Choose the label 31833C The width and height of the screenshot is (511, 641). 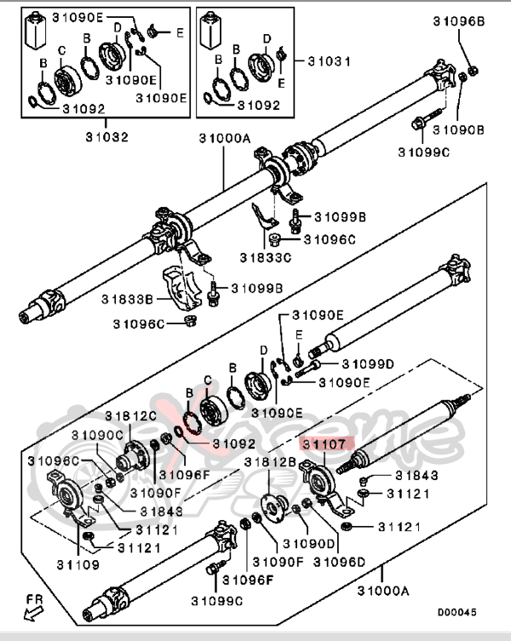tap(264, 255)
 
